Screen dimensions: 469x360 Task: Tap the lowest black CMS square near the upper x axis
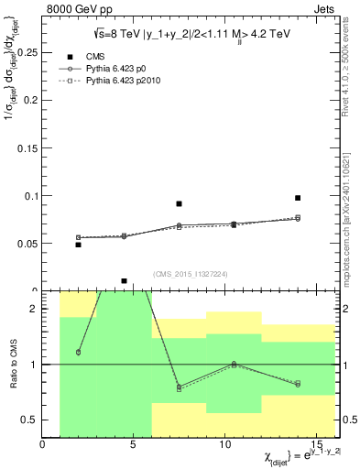click(x=124, y=281)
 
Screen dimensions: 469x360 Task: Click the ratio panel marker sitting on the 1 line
click(x=234, y=364)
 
